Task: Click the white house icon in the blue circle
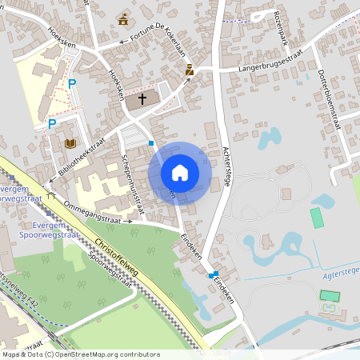click(x=180, y=172)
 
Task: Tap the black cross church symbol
click(x=143, y=99)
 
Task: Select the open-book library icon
click(x=70, y=143)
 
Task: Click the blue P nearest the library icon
click(x=52, y=124)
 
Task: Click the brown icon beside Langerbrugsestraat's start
click(x=190, y=70)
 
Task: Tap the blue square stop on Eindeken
click(x=214, y=274)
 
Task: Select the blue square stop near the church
click(x=151, y=142)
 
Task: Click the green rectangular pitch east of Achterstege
click(x=318, y=218)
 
